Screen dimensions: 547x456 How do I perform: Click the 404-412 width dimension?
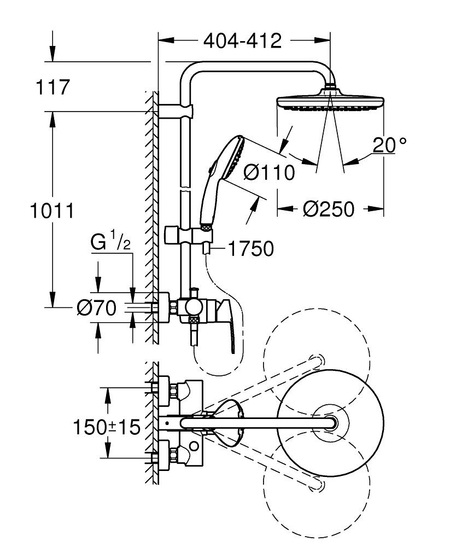tap(242, 40)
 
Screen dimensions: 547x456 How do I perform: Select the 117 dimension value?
tap(52, 88)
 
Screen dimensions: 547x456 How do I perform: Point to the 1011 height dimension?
tap(51, 210)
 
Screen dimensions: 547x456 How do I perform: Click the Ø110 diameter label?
tap(268, 172)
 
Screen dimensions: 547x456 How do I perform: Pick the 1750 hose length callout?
tap(250, 249)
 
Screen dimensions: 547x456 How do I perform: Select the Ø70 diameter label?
tap(96, 309)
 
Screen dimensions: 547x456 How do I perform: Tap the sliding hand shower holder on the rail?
tap(186, 235)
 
